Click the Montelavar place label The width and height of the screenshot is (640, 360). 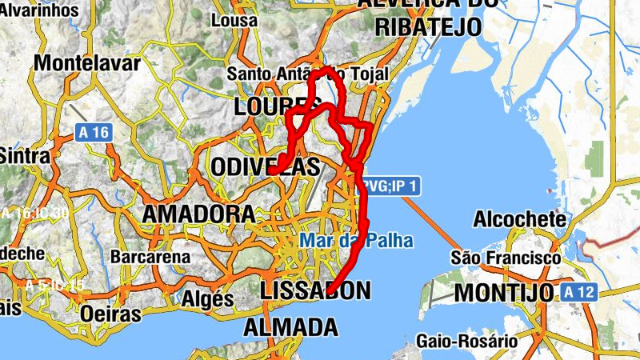click(87, 63)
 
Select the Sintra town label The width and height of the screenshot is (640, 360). click(24, 155)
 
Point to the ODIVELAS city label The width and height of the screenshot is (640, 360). click(266, 167)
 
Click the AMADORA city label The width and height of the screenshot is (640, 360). click(198, 214)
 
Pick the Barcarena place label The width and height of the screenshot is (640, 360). click(150, 258)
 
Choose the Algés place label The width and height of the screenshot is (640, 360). click(207, 298)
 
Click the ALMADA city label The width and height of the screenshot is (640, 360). click(290, 327)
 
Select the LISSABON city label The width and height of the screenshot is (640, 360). click(317, 290)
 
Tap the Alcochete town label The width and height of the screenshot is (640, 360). click(520, 218)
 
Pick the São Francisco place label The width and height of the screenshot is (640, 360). click(506, 258)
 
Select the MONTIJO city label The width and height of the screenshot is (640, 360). click(504, 293)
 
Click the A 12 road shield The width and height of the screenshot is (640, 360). click(578, 292)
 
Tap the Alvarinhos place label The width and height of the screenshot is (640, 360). click(40, 10)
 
